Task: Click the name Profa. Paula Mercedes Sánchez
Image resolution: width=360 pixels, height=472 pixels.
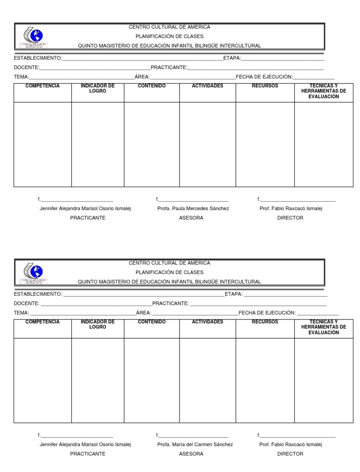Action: tap(193, 208)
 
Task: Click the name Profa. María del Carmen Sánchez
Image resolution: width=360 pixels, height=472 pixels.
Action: tap(195, 444)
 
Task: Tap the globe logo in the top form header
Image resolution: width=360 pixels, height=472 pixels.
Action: tap(36, 35)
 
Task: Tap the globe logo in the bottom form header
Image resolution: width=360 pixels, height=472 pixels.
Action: tap(36, 271)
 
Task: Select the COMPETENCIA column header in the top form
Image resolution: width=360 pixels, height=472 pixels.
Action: tap(42, 86)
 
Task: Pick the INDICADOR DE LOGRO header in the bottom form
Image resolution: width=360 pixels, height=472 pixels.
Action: tap(97, 324)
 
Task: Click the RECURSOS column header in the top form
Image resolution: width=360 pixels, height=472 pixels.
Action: tap(265, 86)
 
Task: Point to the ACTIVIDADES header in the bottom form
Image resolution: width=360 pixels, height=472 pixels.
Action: tap(208, 322)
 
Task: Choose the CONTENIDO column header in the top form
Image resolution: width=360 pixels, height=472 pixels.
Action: tap(151, 86)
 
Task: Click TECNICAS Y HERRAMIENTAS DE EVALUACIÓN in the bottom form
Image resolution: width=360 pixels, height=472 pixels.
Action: tap(323, 327)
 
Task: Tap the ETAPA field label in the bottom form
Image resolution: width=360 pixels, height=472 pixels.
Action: tap(233, 294)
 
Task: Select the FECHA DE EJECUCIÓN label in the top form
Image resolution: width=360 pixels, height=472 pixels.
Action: tap(264, 76)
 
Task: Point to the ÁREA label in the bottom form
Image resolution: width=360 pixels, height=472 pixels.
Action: tap(143, 312)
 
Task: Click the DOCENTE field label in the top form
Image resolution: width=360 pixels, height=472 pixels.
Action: tap(26, 67)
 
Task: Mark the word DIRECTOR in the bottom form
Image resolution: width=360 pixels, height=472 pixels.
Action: tap(290, 454)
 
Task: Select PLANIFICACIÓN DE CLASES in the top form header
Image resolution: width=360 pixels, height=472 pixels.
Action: tap(170, 36)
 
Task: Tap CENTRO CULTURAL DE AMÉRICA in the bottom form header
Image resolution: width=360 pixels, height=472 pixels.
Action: tap(170, 263)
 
